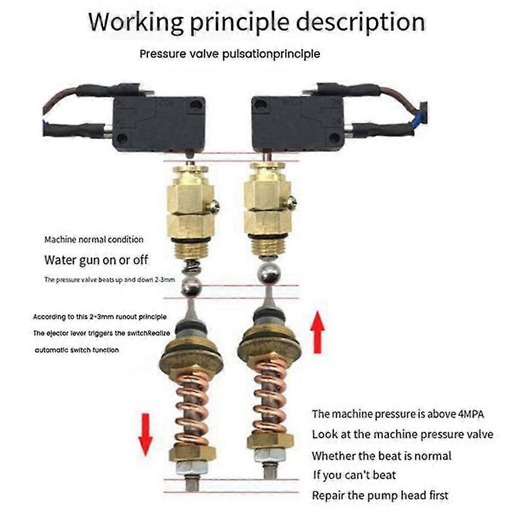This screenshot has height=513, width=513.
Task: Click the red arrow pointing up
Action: pos(318,332)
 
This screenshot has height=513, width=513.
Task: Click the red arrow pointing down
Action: pos(145,435)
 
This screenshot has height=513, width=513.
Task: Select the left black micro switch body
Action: pos(159,124)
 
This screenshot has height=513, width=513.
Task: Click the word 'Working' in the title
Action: pos(136,23)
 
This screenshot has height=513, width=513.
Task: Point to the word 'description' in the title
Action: pos(361,23)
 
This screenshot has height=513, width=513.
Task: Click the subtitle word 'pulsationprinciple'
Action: pos(271,54)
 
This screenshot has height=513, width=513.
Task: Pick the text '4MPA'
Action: pos(471,414)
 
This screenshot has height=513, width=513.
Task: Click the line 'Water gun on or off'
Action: pos(96,261)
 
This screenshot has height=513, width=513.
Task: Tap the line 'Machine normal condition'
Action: pos(94,240)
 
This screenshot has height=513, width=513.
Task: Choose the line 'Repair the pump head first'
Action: pos(380,496)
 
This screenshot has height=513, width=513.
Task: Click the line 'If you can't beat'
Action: pos(354,475)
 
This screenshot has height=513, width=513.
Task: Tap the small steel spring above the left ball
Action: pos(191,268)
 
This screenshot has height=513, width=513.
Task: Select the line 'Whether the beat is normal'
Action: pos(382,456)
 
